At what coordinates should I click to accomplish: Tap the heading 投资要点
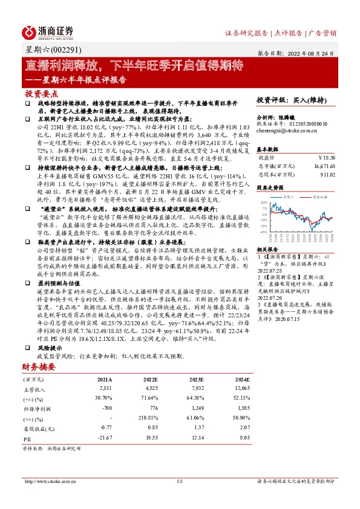pos(42,94)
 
